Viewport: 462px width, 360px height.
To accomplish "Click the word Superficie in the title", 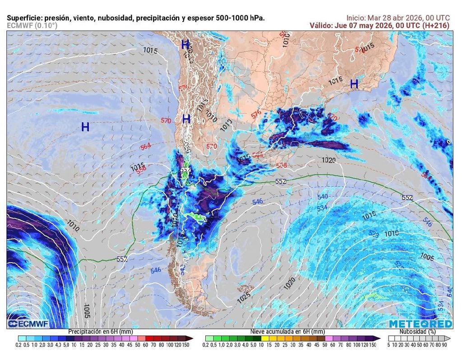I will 25,18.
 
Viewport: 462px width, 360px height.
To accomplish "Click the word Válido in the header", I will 321,26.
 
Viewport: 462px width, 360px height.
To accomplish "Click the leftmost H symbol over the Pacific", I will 85,127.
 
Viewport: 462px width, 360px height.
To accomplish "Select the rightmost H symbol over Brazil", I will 354,84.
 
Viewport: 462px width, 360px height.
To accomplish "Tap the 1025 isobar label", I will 244,298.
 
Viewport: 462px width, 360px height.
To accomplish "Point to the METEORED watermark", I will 420,324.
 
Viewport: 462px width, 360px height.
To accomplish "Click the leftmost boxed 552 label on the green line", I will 122,259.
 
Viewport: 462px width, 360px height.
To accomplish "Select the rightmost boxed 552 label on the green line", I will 407,198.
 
